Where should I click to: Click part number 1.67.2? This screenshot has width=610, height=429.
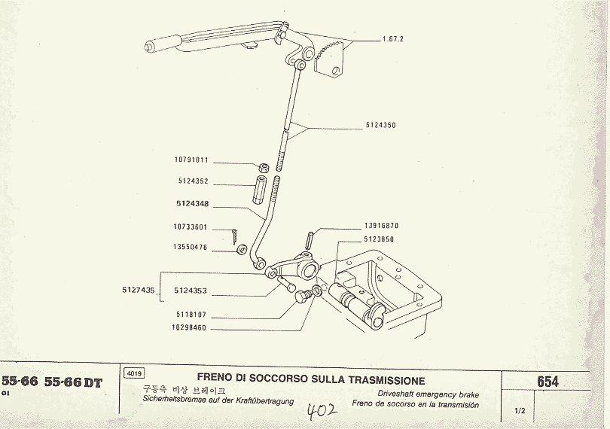coord(394,39)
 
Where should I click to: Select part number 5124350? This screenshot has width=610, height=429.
coord(380,125)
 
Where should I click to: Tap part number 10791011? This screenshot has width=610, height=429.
coord(191,160)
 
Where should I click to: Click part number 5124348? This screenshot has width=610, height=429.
coord(193,203)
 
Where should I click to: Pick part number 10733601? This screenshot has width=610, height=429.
coord(191,227)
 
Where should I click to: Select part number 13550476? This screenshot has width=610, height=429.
coord(191,246)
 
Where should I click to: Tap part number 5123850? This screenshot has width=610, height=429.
coord(379,239)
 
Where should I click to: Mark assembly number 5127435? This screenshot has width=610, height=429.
coord(138,290)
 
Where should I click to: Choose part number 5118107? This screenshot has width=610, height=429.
coord(191,315)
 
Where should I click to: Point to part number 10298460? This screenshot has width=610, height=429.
coord(189,328)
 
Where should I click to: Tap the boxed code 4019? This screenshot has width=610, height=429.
coord(133,373)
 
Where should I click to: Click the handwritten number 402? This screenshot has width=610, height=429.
coord(322,412)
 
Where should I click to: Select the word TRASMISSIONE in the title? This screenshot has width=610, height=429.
coord(381,381)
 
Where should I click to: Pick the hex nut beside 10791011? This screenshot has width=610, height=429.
coord(265,167)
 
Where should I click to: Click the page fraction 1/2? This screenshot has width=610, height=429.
coord(520,410)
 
